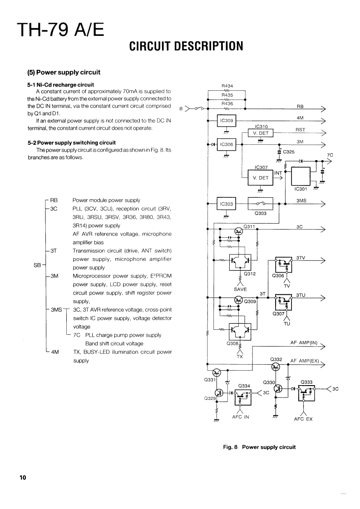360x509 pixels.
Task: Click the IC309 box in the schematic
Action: click(226, 121)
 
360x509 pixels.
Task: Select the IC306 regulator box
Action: click(226, 144)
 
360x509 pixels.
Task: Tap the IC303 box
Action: click(226, 204)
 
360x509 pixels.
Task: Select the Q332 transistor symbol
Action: click(275, 367)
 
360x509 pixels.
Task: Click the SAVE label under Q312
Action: click(240, 289)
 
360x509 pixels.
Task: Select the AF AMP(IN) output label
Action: click(303, 343)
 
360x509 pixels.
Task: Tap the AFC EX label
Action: click(303, 419)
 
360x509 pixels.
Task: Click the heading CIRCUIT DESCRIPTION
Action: click(186, 45)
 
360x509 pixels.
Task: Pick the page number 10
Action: click(23, 477)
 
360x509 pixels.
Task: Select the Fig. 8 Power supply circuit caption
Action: click(259, 447)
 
